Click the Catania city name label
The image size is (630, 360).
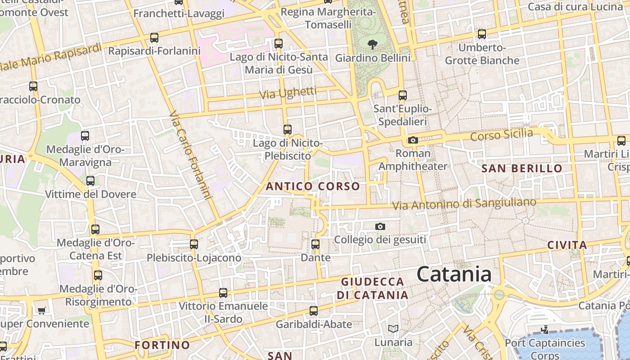[x=454, y=274]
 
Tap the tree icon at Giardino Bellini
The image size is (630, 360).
[x=372, y=44]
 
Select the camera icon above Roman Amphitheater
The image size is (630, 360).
[x=413, y=140]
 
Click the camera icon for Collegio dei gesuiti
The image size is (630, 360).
[x=380, y=226]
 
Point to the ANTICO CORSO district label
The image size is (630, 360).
[x=313, y=186]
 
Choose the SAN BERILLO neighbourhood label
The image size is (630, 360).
[x=522, y=169]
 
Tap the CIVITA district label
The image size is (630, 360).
[x=567, y=245]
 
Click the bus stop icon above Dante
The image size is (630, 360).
[x=315, y=244]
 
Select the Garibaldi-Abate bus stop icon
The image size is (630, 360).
[x=314, y=310]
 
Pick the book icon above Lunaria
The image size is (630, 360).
[x=393, y=329]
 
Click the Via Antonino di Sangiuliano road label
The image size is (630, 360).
[x=464, y=204]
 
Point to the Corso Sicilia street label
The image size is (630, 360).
[x=501, y=135]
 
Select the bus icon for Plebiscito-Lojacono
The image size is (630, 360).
[x=194, y=244]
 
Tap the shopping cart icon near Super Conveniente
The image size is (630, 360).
[x=42, y=310]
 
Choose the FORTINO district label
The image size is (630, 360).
[x=162, y=345]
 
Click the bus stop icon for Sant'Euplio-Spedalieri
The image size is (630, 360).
[x=403, y=95]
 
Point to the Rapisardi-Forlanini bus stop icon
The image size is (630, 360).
[x=154, y=38]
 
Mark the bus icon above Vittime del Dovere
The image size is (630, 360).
[x=90, y=181]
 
